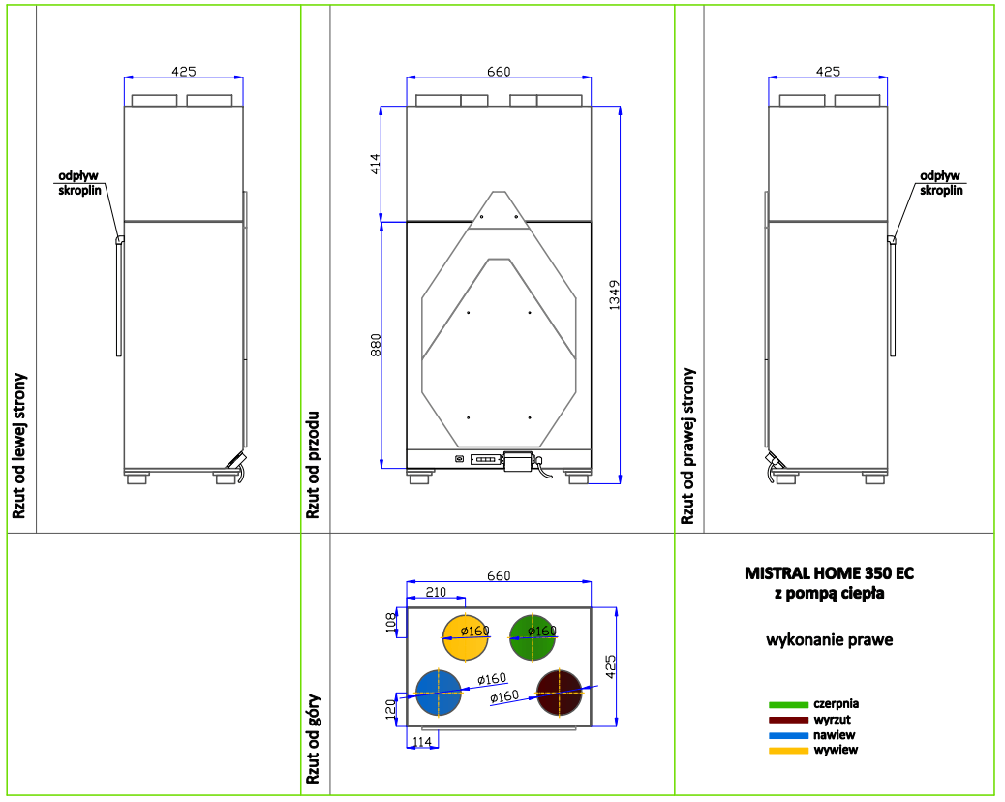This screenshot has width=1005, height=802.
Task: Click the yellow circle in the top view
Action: pos(466,637)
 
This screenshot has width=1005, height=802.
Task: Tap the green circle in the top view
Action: pos(532,637)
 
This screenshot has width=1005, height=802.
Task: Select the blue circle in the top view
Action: pos(439,693)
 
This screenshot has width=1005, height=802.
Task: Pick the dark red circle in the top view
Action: pos(559,693)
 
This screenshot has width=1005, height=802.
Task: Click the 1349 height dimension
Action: pos(614,294)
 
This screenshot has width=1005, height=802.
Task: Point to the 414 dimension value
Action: pos(375,164)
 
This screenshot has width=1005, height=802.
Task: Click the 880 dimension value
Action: pos(376,345)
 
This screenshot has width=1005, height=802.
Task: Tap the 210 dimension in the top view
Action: pos(436,592)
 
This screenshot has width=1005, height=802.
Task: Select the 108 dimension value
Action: pos(391,623)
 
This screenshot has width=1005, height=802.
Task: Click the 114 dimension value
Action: pos(422,742)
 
